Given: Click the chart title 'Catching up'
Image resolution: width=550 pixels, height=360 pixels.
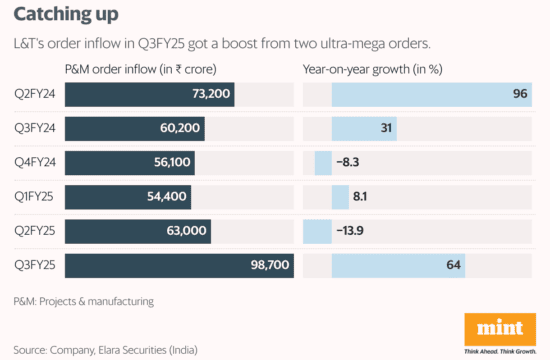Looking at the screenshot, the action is pos(66,15).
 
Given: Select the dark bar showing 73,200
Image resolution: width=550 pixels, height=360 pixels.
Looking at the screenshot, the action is pos(149,94).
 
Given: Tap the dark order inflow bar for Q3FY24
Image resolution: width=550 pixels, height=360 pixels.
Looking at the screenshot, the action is pos(135,129).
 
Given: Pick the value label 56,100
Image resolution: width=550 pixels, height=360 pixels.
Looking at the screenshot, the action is pos(172,162).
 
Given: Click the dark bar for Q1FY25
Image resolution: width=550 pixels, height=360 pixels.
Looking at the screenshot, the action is pos(128,197).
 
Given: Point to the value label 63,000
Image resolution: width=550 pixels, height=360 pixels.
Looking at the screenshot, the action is pos(186,231).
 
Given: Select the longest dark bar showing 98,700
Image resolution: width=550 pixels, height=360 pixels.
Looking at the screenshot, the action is pos(179,266).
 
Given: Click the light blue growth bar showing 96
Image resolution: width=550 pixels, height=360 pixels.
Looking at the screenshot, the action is pos(432,94).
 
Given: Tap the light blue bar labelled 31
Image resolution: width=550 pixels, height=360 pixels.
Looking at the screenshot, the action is pos(364,129).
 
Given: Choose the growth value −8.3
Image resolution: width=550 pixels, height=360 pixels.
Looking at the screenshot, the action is pos(348,162).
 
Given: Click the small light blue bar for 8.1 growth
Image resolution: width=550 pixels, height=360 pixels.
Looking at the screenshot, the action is pos(340,197).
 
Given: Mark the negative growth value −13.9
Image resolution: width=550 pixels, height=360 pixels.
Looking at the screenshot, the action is pos(350,231).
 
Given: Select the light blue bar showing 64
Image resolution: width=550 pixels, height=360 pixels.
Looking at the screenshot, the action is pos(398,266).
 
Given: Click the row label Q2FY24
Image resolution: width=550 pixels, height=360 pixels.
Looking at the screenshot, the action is pos(35,94).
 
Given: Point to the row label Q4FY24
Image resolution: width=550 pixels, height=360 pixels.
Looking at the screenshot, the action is pos(35,162).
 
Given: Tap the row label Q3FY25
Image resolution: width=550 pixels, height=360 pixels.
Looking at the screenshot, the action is pos(35,265).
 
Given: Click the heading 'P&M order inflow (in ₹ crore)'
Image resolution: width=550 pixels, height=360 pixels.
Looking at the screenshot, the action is pos(141,69).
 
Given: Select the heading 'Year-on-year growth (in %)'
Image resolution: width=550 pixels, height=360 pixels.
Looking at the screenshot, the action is pos(373,69).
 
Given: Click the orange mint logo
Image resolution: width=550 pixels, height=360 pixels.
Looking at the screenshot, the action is pos(500,330).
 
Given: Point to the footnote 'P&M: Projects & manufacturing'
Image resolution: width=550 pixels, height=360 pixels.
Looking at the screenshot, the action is pos(83,301).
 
